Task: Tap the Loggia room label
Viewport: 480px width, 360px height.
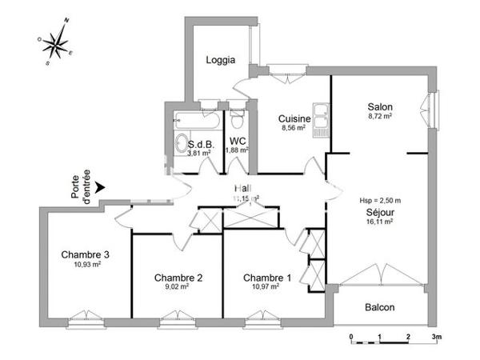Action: coord(220,60)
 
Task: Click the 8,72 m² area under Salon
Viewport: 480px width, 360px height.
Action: coord(379,117)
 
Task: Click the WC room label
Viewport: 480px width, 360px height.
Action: coord(236,141)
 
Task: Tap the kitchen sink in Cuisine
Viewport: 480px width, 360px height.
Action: coord(322,118)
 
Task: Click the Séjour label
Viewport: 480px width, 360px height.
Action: coord(379,213)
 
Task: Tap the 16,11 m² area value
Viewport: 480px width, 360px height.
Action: coord(379,222)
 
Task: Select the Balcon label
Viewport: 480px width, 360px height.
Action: coord(380,307)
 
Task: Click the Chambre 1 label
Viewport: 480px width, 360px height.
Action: coord(267,277)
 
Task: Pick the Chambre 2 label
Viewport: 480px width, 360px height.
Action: coord(178,278)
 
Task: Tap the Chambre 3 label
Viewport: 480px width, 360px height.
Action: coord(85,255)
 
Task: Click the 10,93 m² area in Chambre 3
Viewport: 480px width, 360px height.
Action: coord(85,265)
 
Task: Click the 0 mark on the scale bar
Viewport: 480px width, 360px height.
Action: coord(351,337)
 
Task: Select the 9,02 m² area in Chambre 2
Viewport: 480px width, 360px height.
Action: coord(178,286)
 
